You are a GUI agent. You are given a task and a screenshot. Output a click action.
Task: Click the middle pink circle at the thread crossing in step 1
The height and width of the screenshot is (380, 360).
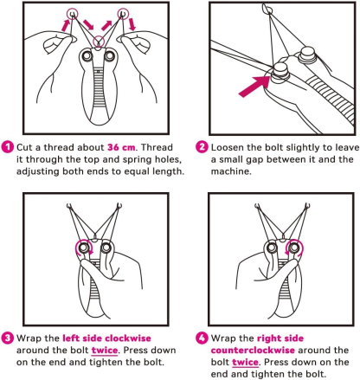pos(100,40)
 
